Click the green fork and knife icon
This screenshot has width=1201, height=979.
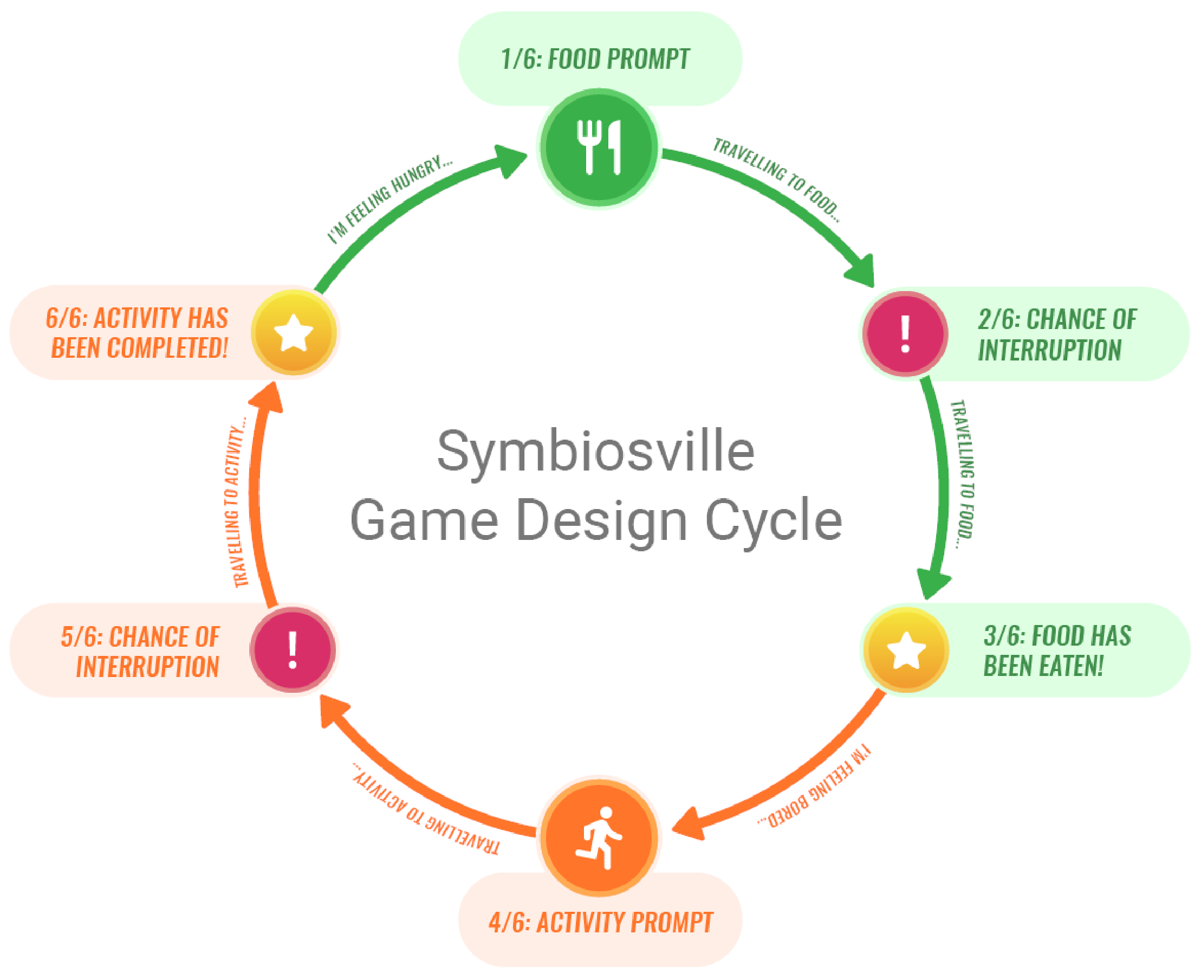pyautogui.click(x=599, y=147)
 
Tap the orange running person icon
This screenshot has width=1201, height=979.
pyautogui.click(x=599, y=838)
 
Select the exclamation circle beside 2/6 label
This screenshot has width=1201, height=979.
pyautogui.click(x=905, y=334)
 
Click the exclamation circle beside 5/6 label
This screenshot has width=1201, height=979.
pyautogui.click(x=293, y=649)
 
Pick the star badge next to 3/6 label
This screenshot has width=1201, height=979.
pyautogui.click(x=906, y=650)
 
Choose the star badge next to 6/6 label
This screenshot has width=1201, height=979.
pyautogui.click(x=294, y=333)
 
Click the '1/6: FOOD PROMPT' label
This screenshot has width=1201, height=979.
pyautogui.click(x=595, y=59)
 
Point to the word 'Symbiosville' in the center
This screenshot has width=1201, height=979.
pyautogui.click(x=596, y=452)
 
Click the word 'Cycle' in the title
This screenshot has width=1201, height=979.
pyautogui.click(x=773, y=520)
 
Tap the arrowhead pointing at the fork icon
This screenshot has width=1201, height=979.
pyautogui.click(x=510, y=160)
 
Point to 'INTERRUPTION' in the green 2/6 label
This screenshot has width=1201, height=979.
pyautogui.click(x=1049, y=350)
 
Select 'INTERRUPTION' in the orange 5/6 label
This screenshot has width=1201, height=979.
pyautogui.click(x=148, y=667)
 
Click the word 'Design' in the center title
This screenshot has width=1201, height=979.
pyautogui.click(x=601, y=520)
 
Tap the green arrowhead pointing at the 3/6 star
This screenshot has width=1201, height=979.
pyautogui.click(x=933, y=584)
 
